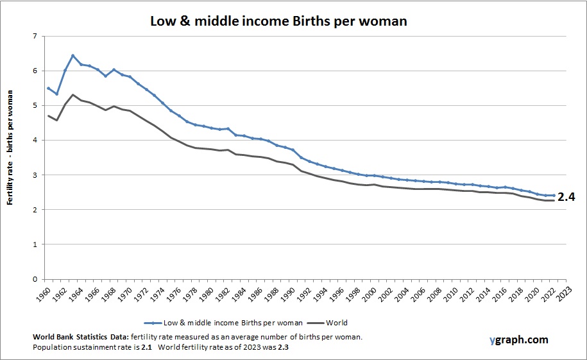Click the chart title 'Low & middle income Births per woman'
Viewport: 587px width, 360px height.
point(278,21)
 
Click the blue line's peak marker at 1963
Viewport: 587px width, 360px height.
point(72,55)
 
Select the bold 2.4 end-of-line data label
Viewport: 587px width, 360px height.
point(566,197)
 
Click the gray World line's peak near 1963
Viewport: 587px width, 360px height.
point(72,95)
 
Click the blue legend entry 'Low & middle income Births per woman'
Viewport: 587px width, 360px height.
point(218,323)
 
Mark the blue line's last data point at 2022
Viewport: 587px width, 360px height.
point(553,195)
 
